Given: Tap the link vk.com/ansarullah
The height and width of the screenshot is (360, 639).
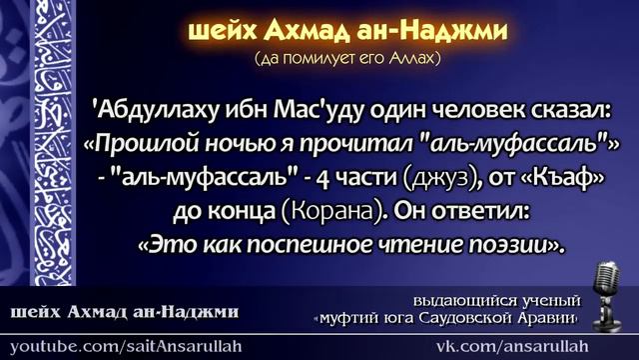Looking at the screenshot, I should [x=527, y=345].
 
